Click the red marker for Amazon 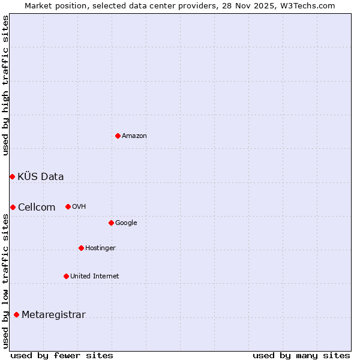pos(118,136)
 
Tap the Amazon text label pos(134,136)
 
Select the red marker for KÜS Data pos(12,176)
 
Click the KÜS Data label pos(41,176)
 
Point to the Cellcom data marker pos(13,207)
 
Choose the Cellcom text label pos(37,208)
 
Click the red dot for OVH pos(68,206)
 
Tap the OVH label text pos(79,207)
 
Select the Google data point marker pos(111,223)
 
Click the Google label pos(126,223)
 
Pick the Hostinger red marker pos(81,248)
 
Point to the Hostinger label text pos(100,248)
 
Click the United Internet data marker pos(66,276)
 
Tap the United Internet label pos(94,277)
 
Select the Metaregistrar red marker pos(16,314)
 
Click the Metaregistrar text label pos(53,315)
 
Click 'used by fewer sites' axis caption pos(62,355)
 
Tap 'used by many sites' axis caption pos(301,355)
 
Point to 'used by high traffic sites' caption pos(5,85)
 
